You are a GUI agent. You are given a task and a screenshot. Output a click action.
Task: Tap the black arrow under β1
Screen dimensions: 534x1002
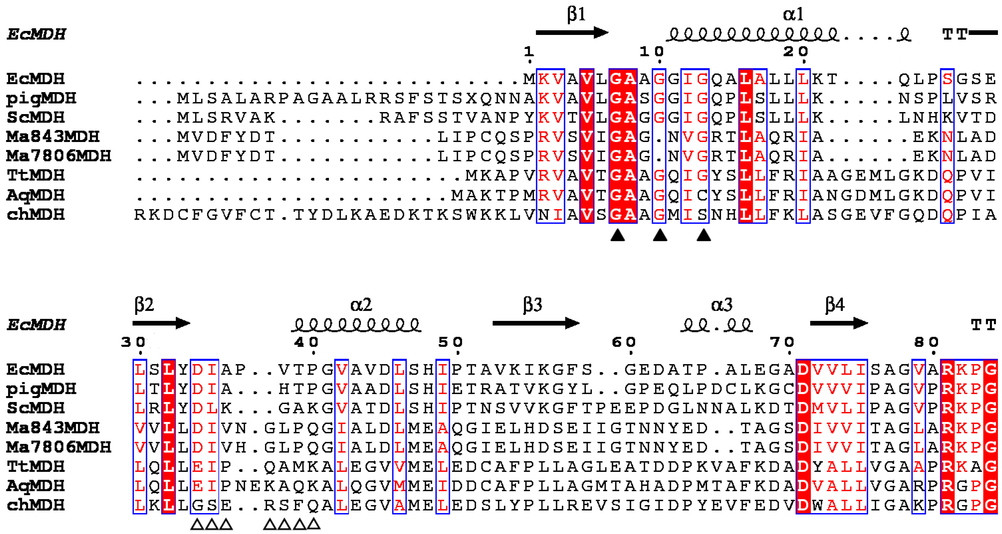point(572,33)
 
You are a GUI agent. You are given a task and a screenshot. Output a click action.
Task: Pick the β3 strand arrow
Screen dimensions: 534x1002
point(536,323)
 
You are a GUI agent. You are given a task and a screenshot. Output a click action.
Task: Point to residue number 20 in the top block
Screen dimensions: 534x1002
point(796,51)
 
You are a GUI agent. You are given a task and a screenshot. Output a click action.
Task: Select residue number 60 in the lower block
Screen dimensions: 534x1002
point(624,342)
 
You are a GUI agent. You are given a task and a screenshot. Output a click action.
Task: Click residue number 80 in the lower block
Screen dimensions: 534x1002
point(926,342)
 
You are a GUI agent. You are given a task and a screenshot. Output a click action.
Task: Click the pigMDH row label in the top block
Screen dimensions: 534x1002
point(41,98)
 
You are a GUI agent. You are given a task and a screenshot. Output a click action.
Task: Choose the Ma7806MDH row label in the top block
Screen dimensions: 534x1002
point(58,156)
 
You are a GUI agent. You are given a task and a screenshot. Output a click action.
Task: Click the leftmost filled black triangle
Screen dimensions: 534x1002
point(617,235)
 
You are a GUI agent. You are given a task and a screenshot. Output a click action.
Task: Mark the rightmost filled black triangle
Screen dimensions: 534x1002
point(703,235)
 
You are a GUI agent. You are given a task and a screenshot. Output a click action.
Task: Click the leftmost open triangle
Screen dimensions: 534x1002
point(197,525)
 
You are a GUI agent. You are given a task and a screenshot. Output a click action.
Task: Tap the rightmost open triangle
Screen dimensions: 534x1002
point(313,524)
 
